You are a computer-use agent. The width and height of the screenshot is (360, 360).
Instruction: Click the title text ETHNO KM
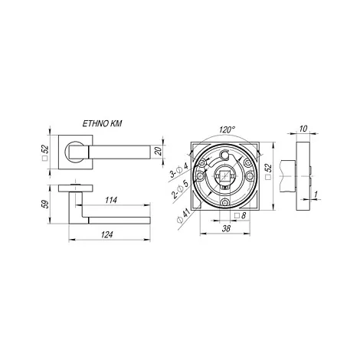pyautogui.click(x=102, y=123)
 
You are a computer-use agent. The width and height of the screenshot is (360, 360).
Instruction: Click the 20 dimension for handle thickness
pyautogui.click(x=159, y=152)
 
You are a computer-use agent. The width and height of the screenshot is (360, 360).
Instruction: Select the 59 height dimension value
pyautogui.click(x=45, y=204)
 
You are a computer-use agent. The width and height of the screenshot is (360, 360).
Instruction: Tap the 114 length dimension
pyautogui.click(x=111, y=200)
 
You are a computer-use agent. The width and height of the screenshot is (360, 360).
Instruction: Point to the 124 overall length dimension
pyautogui.click(x=106, y=234)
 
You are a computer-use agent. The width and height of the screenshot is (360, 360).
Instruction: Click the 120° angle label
pyautogui.click(x=227, y=129)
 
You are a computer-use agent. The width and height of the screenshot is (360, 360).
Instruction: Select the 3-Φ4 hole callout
pyautogui.click(x=179, y=170)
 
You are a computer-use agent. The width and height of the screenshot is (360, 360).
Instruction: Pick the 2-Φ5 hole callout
pyautogui.click(x=181, y=189)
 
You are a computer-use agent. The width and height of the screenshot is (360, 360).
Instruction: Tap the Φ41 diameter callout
pyautogui.click(x=184, y=216)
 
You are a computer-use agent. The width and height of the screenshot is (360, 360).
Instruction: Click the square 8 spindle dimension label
pyautogui.click(x=240, y=215)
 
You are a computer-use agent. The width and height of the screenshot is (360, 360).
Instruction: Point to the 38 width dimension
pyautogui.click(x=226, y=228)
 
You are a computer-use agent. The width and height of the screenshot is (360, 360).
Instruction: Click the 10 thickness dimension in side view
pyautogui.click(x=303, y=129)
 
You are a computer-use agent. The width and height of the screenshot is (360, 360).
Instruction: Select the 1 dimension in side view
pyautogui.click(x=316, y=195)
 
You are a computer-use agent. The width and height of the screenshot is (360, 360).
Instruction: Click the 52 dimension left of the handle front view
pyautogui.click(x=45, y=152)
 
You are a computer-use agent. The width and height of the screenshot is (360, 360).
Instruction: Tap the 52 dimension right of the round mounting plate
pyautogui.click(x=268, y=172)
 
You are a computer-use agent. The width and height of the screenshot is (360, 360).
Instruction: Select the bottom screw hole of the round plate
pyautogui.click(x=224, y=202)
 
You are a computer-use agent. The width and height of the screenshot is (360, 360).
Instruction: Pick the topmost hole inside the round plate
pyautogui.click(x=224, y=154)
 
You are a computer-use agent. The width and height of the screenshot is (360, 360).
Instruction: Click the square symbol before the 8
pyautogui.click(x=237, y=216)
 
